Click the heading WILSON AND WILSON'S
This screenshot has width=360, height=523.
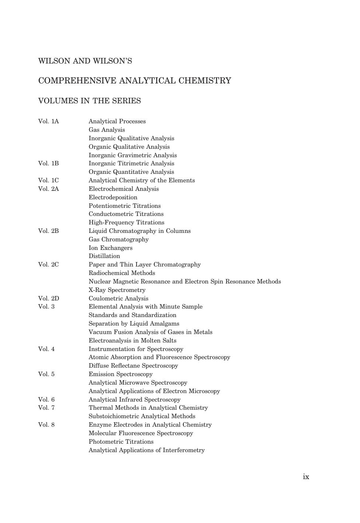85,61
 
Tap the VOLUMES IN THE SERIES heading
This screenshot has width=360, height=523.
89,101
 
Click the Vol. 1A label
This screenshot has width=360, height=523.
48,121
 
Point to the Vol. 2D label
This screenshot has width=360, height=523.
48,298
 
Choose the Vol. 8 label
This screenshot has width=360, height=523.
46,425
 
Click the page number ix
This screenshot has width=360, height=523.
306,476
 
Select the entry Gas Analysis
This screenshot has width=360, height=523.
107,130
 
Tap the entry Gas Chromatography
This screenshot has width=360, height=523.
118,240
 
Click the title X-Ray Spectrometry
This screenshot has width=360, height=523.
117,290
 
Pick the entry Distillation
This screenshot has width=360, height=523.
104,256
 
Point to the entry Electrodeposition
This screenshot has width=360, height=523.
113,197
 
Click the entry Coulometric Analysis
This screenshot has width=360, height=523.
118,298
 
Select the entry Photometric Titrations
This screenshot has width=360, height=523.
121,442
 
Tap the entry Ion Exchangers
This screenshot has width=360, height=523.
110,248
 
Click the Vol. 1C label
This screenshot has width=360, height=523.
48,180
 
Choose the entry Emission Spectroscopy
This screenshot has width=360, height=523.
120,374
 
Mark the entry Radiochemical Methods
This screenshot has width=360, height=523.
122,273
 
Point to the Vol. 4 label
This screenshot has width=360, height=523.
46,349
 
